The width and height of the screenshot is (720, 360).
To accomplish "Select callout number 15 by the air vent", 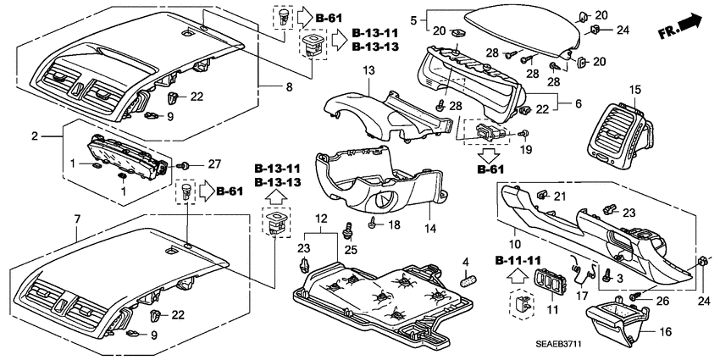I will tap(635, 90).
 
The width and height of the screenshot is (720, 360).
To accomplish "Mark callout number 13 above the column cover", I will tap(368, 69).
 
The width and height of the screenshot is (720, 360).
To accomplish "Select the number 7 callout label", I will tap(77, 219).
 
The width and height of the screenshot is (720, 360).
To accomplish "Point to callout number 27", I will tap(214, 163).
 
